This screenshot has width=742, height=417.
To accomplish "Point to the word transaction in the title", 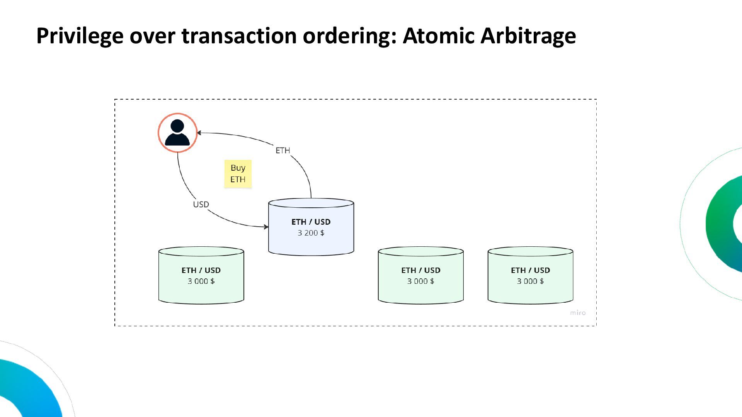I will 239,36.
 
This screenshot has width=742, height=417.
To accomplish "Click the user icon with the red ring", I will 177,133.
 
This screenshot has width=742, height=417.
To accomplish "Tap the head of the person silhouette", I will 177,126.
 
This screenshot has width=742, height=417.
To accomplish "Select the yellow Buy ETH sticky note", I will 238,174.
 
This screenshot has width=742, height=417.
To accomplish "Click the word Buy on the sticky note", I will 238,168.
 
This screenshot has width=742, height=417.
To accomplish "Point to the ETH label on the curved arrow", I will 283,151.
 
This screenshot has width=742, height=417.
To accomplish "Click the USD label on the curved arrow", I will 201,205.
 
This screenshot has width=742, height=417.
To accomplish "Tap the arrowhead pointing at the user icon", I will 199,133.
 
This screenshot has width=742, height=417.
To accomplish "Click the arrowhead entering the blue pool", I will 266,227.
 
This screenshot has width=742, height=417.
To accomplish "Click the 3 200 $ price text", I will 311,233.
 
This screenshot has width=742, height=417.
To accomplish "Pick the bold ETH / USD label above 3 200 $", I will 311,222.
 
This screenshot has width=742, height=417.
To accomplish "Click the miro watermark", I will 578,313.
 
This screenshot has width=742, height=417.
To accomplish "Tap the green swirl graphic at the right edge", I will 723,224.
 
